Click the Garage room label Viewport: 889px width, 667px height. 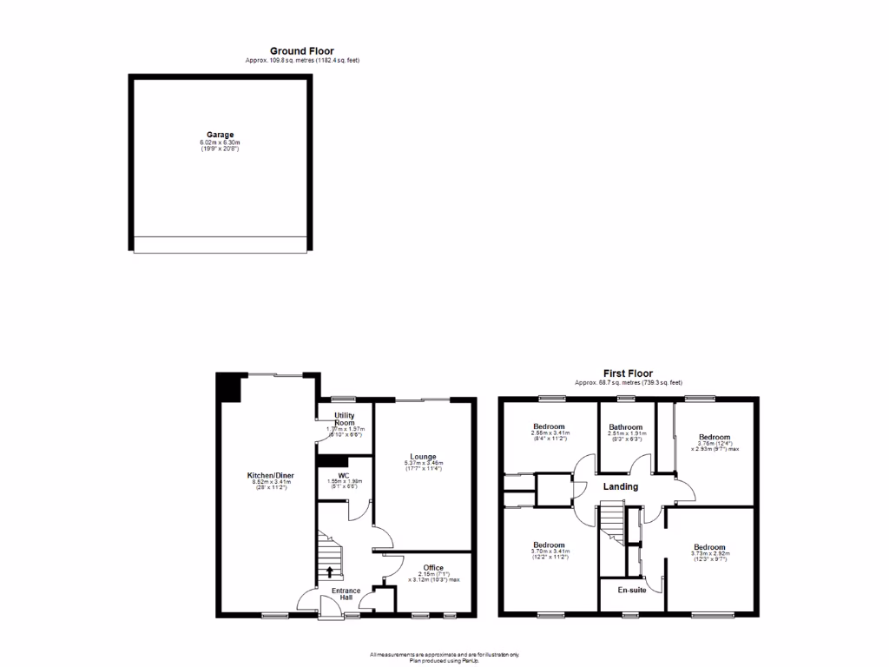[220, 135]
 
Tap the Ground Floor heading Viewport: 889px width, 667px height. [301, 51]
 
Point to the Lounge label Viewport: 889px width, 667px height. [423, 456]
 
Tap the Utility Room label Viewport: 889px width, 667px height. [345, 419]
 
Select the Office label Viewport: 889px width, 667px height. [433, 568]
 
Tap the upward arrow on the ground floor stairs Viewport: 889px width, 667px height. [330, 571]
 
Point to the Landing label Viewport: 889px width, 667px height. [621, 486]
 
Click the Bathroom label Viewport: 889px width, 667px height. [625, 427]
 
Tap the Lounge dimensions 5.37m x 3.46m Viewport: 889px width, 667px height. [423, 464]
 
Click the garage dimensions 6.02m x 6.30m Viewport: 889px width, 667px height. [220, 142]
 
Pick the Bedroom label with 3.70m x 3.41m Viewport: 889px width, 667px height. [549, 545]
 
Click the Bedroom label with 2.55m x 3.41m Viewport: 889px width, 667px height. [549, 426]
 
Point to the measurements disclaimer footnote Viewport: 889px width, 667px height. [444, 656]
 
